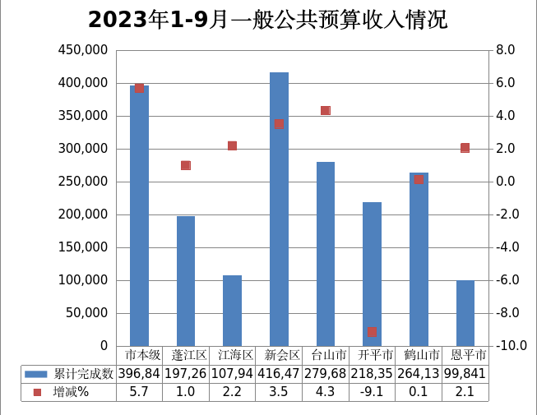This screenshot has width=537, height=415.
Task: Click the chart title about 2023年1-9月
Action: coord(268,20)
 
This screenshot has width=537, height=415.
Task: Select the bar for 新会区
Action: coord(279,210)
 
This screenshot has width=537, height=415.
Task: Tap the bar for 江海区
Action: coord(232,311)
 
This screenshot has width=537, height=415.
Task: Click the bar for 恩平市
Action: coord(465,313)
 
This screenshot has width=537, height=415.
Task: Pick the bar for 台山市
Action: coord(326,254)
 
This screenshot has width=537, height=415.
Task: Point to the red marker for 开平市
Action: coord(372,331)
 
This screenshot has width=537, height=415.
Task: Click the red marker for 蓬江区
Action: coord(186,165)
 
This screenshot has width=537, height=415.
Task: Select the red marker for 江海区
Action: coord(232,145)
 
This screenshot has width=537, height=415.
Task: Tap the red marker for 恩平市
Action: coord(465,148)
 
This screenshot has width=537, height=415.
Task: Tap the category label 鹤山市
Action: coord(419,356)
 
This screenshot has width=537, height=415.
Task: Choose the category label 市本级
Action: coord(140,356)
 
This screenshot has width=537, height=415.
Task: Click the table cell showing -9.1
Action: coord(372,392)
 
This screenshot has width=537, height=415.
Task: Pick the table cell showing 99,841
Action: coord(465,374)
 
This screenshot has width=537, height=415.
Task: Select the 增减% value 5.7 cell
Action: coord(140,392)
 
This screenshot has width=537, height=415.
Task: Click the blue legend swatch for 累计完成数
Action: coord(37,374)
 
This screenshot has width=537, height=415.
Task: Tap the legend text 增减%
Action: coord(72,392)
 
